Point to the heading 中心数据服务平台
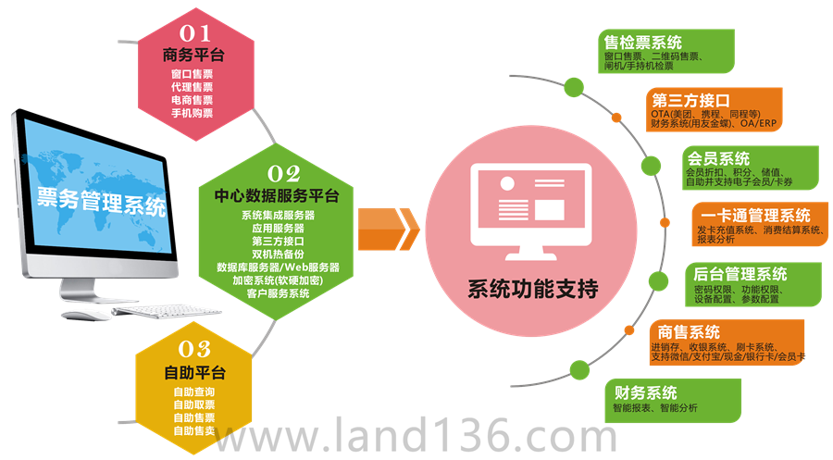277,196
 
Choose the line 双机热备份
277,254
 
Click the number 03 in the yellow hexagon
193,350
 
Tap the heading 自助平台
193,373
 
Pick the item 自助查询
193,392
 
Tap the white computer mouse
87,315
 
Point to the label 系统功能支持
531,289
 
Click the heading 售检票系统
642,43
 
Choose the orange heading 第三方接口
690,100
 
